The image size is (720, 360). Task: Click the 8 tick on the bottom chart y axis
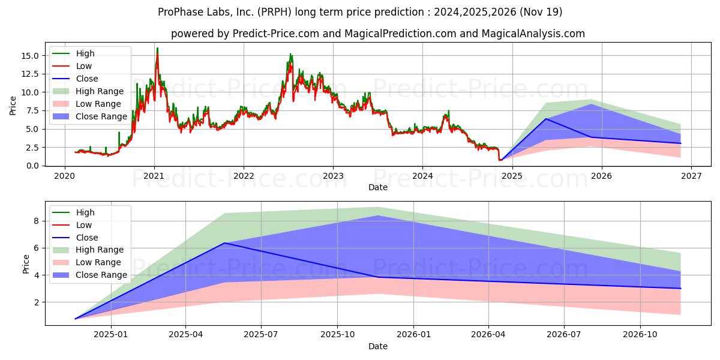point(35,221)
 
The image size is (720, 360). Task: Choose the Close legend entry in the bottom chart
point(87,238)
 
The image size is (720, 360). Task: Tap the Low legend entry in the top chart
point(84,66)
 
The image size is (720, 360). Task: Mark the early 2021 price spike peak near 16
point(157,48)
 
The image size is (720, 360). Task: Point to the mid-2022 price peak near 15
point(290,54)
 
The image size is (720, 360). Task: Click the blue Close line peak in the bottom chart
point(224,243)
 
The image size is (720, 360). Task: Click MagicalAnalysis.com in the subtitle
point(535,34)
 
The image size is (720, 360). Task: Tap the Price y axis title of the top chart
point(13,106)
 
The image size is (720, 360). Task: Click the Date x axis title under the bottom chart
point(378,346)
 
